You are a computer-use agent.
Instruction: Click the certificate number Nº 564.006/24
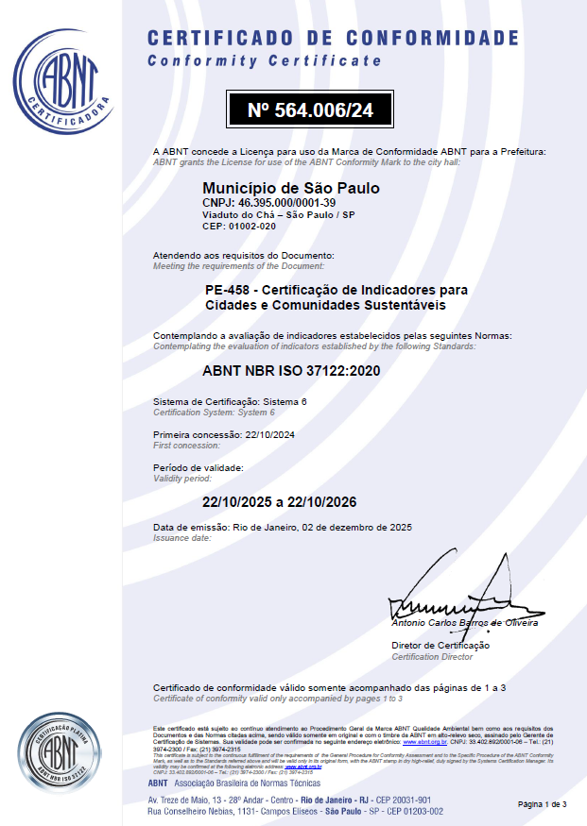310,110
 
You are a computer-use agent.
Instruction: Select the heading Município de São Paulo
291,188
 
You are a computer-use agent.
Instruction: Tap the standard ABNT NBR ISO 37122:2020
291,370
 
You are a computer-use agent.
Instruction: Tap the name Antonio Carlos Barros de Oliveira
465,623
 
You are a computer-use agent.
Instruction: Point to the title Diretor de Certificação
440,645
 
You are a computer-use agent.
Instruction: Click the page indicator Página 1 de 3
543,804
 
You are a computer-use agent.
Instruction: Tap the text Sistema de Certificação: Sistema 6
231,402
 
